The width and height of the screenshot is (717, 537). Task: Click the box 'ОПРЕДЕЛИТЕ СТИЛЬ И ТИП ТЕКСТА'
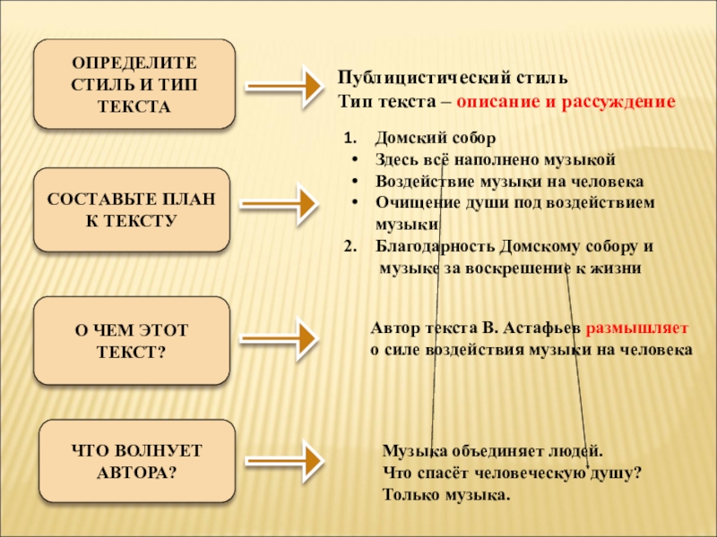(134, 84)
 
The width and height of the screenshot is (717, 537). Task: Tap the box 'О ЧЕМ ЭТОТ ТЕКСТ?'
(131, 341)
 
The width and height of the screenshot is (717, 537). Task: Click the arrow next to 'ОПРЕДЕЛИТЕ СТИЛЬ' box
(281, 88)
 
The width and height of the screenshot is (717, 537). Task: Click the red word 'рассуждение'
(618, 102)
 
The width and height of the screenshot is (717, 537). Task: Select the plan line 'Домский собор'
(434, 140)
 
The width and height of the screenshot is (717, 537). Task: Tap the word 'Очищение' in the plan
(410, 202)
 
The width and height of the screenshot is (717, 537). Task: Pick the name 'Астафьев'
(548, 328)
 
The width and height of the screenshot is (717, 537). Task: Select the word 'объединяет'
(488, 453)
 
